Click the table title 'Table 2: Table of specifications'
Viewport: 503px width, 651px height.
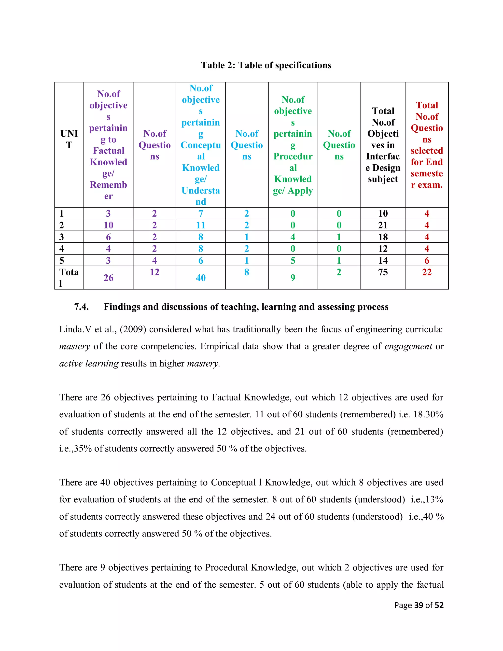(x=266, y=65)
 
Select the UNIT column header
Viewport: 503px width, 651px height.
(x=69, y=139)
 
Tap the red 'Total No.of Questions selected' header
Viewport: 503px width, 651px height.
(x=427, y=145)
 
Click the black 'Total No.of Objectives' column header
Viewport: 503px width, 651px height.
(x=383, y=145)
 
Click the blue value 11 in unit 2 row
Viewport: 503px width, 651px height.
(x=201, y=225)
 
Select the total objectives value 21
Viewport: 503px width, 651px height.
(x=383, y=225)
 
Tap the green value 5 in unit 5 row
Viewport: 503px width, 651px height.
(x=293, y=260)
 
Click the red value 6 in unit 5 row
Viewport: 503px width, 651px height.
(x=427, y=260)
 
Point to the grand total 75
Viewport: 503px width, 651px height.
(x=383, y=272)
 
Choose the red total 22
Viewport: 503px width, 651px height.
(x=427, y=272)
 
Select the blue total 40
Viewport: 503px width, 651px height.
(x=201, y=278)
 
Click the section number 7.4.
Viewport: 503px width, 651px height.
(x=81, y=307)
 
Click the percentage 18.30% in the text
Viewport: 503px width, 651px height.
(x=428, y=414)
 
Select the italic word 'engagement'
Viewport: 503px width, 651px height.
(x=408, y=346)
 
